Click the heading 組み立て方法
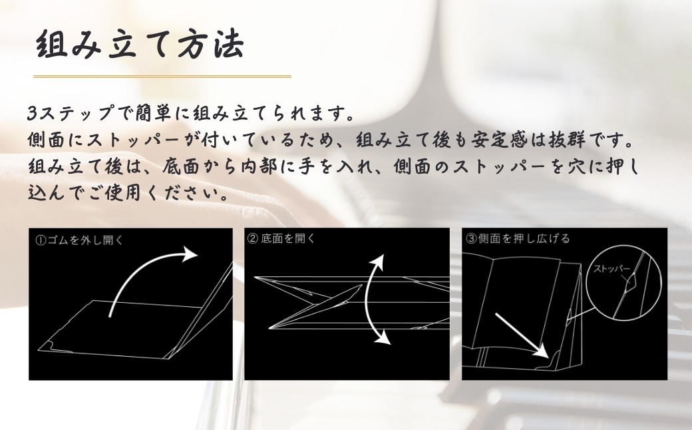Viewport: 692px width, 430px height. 139,47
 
